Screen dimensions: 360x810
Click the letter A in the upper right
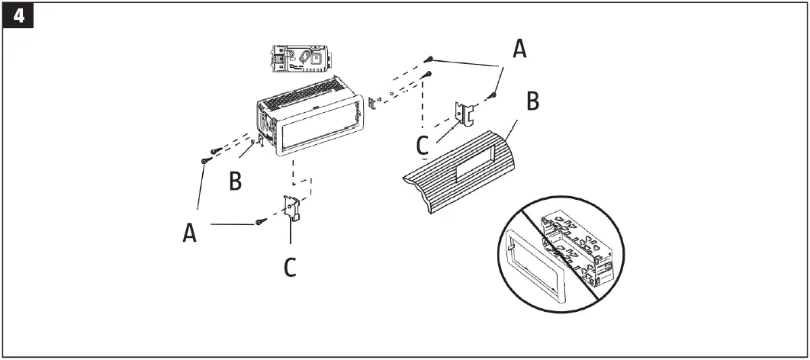pos(519,50)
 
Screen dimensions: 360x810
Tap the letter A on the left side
pos(191,231)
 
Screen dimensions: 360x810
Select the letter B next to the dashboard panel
pos(533,101)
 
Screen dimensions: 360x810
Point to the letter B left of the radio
pos(236,181)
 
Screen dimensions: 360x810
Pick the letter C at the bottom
pos(290,267)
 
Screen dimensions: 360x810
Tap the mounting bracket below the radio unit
pos(293,208)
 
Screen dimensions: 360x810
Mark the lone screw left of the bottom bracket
pos(261,223)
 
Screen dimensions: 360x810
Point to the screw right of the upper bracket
pos(493,96)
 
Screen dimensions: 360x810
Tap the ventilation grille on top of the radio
pos(305,95)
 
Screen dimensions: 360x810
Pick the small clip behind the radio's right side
pos(372,104)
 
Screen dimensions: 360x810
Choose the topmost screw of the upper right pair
pos(431,58)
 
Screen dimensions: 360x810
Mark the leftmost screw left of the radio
pos(204,161)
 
